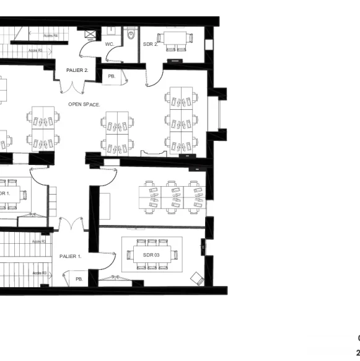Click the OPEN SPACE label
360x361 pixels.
click(84, 104)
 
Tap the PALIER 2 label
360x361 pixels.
click(77, 71)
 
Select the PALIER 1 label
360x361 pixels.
click(71, 256)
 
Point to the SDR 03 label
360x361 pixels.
click(152, 255)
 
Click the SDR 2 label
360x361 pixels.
click(149, 44)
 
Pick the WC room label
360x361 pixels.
click(109, 45)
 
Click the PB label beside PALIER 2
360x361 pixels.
click(112, 76)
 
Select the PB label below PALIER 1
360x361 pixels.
click(79, 279)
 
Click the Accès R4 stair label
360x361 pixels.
click(52, 36)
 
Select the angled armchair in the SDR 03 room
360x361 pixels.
click(198, 277)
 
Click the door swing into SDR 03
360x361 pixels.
click(107, 257)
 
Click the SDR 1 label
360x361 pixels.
click(4, 194)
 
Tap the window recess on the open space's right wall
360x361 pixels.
click(221, 114)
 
